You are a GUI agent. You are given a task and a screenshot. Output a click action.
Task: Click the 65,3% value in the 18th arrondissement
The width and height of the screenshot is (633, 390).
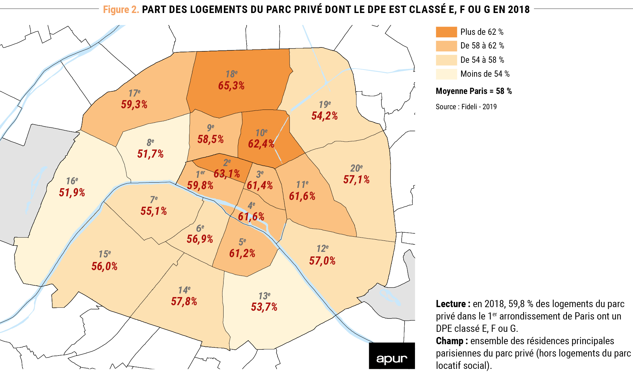click(x=231, y=86)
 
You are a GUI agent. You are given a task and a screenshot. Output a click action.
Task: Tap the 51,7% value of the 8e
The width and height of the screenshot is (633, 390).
click(x=150, y=154)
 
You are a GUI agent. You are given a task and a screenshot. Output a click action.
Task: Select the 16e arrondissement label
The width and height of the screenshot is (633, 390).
click(x=72, y=181)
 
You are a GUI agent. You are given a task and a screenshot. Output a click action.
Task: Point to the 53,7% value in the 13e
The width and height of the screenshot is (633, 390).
click(x=264, y=307)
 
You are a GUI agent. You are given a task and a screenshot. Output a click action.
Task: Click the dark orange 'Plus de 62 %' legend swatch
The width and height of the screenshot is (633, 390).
click(x=446, y=32)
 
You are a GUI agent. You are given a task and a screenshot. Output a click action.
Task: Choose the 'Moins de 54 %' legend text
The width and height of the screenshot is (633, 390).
click(x=485, y=74)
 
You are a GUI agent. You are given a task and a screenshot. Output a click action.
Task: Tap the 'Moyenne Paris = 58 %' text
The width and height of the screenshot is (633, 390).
click(x=473, y=91)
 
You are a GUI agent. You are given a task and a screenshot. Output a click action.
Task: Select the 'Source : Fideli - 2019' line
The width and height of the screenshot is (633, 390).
click(x=466, y=107)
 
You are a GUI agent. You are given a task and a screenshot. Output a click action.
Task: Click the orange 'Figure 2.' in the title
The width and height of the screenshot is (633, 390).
click(x=121, y=10)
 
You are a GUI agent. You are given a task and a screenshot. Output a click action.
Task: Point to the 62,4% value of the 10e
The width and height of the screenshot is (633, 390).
click(x=261, y=144)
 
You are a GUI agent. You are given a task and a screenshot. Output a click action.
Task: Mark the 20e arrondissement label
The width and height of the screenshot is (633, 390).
click(x=356, y=168)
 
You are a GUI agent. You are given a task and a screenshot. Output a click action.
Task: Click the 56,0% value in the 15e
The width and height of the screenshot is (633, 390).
click(x=104, y=266)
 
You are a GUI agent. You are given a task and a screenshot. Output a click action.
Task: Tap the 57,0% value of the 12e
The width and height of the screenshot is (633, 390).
click(x=322, y=261)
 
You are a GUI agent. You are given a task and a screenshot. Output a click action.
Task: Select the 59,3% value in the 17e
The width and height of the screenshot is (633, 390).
click(x=134, y=105)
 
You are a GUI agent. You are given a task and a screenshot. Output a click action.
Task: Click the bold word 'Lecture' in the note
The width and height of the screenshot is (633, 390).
click(x=451, y=304)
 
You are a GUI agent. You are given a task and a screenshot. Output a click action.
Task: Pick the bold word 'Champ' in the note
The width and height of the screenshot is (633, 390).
click(x=450, y=341)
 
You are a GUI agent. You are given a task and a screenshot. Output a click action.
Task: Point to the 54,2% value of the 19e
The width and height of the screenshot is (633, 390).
click(x=324, y=116)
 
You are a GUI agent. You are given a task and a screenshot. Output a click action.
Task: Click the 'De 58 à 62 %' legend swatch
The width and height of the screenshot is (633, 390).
click(x=446, y=46)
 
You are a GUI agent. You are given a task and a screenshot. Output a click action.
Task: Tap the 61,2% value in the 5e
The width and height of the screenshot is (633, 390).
click(x=242, y=253)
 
